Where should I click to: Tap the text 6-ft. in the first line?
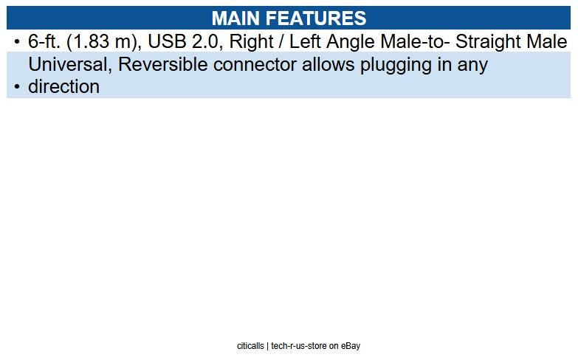point(45,41)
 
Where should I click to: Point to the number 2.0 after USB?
point(206,41)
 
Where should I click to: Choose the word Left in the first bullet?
point(305,41)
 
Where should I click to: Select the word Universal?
point(69,64)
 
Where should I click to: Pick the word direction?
point(63,86)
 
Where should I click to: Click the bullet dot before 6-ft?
point(17,41)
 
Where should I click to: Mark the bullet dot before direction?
point(17,86)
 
